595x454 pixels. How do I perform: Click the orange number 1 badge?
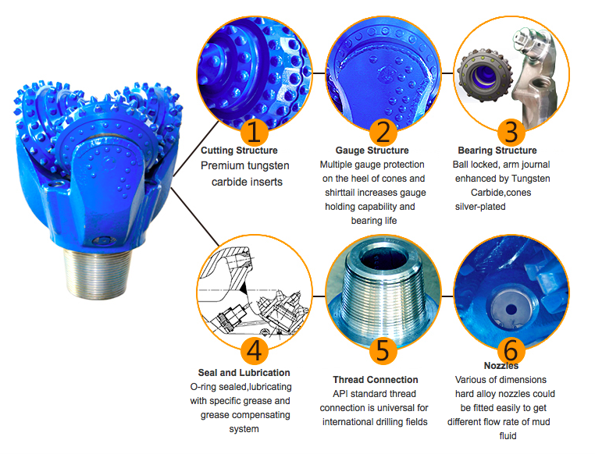click(x=255, y=132)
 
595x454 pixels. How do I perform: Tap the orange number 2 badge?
click(x=383, y=132)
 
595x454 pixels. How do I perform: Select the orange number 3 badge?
click(x=511, y=132)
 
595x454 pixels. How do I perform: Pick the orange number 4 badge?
click(x=255, y=350)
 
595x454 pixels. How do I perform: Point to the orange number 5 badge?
click(x=383, y=350)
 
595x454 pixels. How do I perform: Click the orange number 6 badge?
click(x=511, y=349)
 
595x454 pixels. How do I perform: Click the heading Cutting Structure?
click(x=239, y=151)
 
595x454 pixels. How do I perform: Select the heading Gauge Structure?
click(x=372, y=151)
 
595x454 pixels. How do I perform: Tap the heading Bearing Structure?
click(x=497, y=151)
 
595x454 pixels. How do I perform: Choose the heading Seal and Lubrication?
click(x=244, y=373)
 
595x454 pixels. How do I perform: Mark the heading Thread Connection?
click(x=376, y=380)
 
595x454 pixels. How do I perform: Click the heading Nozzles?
click(x=501, y=366)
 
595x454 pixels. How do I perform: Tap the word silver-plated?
click(x=480, y=207)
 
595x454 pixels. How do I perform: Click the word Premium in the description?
click(x=222, y=165)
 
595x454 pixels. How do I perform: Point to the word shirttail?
click(x=340, y=193)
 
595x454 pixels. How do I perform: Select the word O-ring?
click(x=203, y=387)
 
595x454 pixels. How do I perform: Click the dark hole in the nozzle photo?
click(x=511, y=310)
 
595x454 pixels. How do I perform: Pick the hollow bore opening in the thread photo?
click(x=383, y=258)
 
